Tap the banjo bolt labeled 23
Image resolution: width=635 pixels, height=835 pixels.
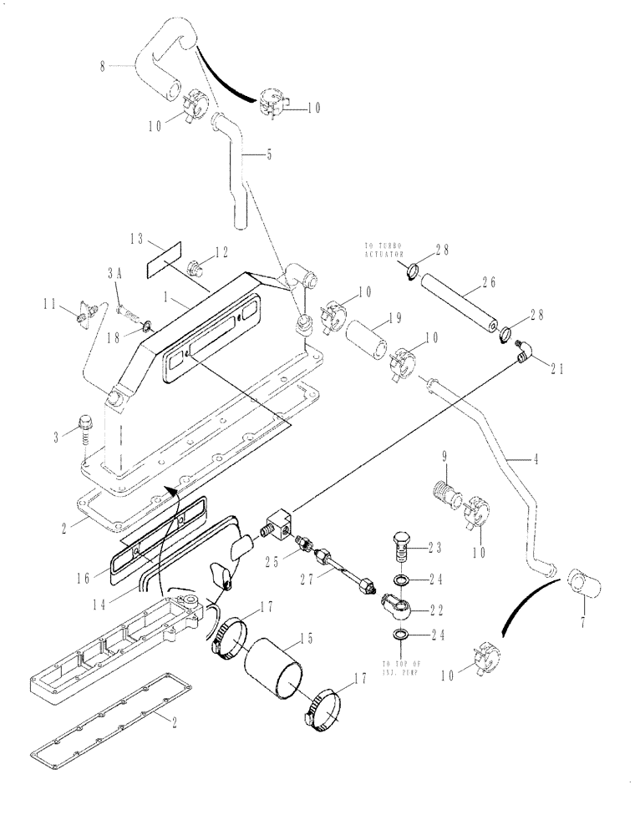tap(403, 550)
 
